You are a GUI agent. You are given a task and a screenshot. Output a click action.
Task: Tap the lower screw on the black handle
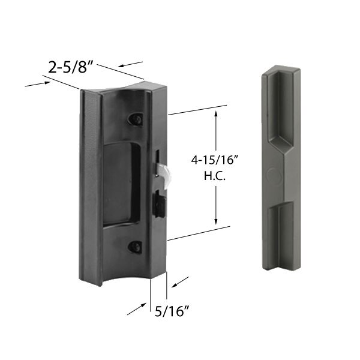pos(136,246)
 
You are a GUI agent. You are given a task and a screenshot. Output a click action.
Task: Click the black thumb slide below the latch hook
pos(160,205)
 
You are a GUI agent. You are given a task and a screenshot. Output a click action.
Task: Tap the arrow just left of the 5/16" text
pos(137,311)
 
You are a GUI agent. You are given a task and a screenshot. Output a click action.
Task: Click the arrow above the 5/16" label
pos(181,280)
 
